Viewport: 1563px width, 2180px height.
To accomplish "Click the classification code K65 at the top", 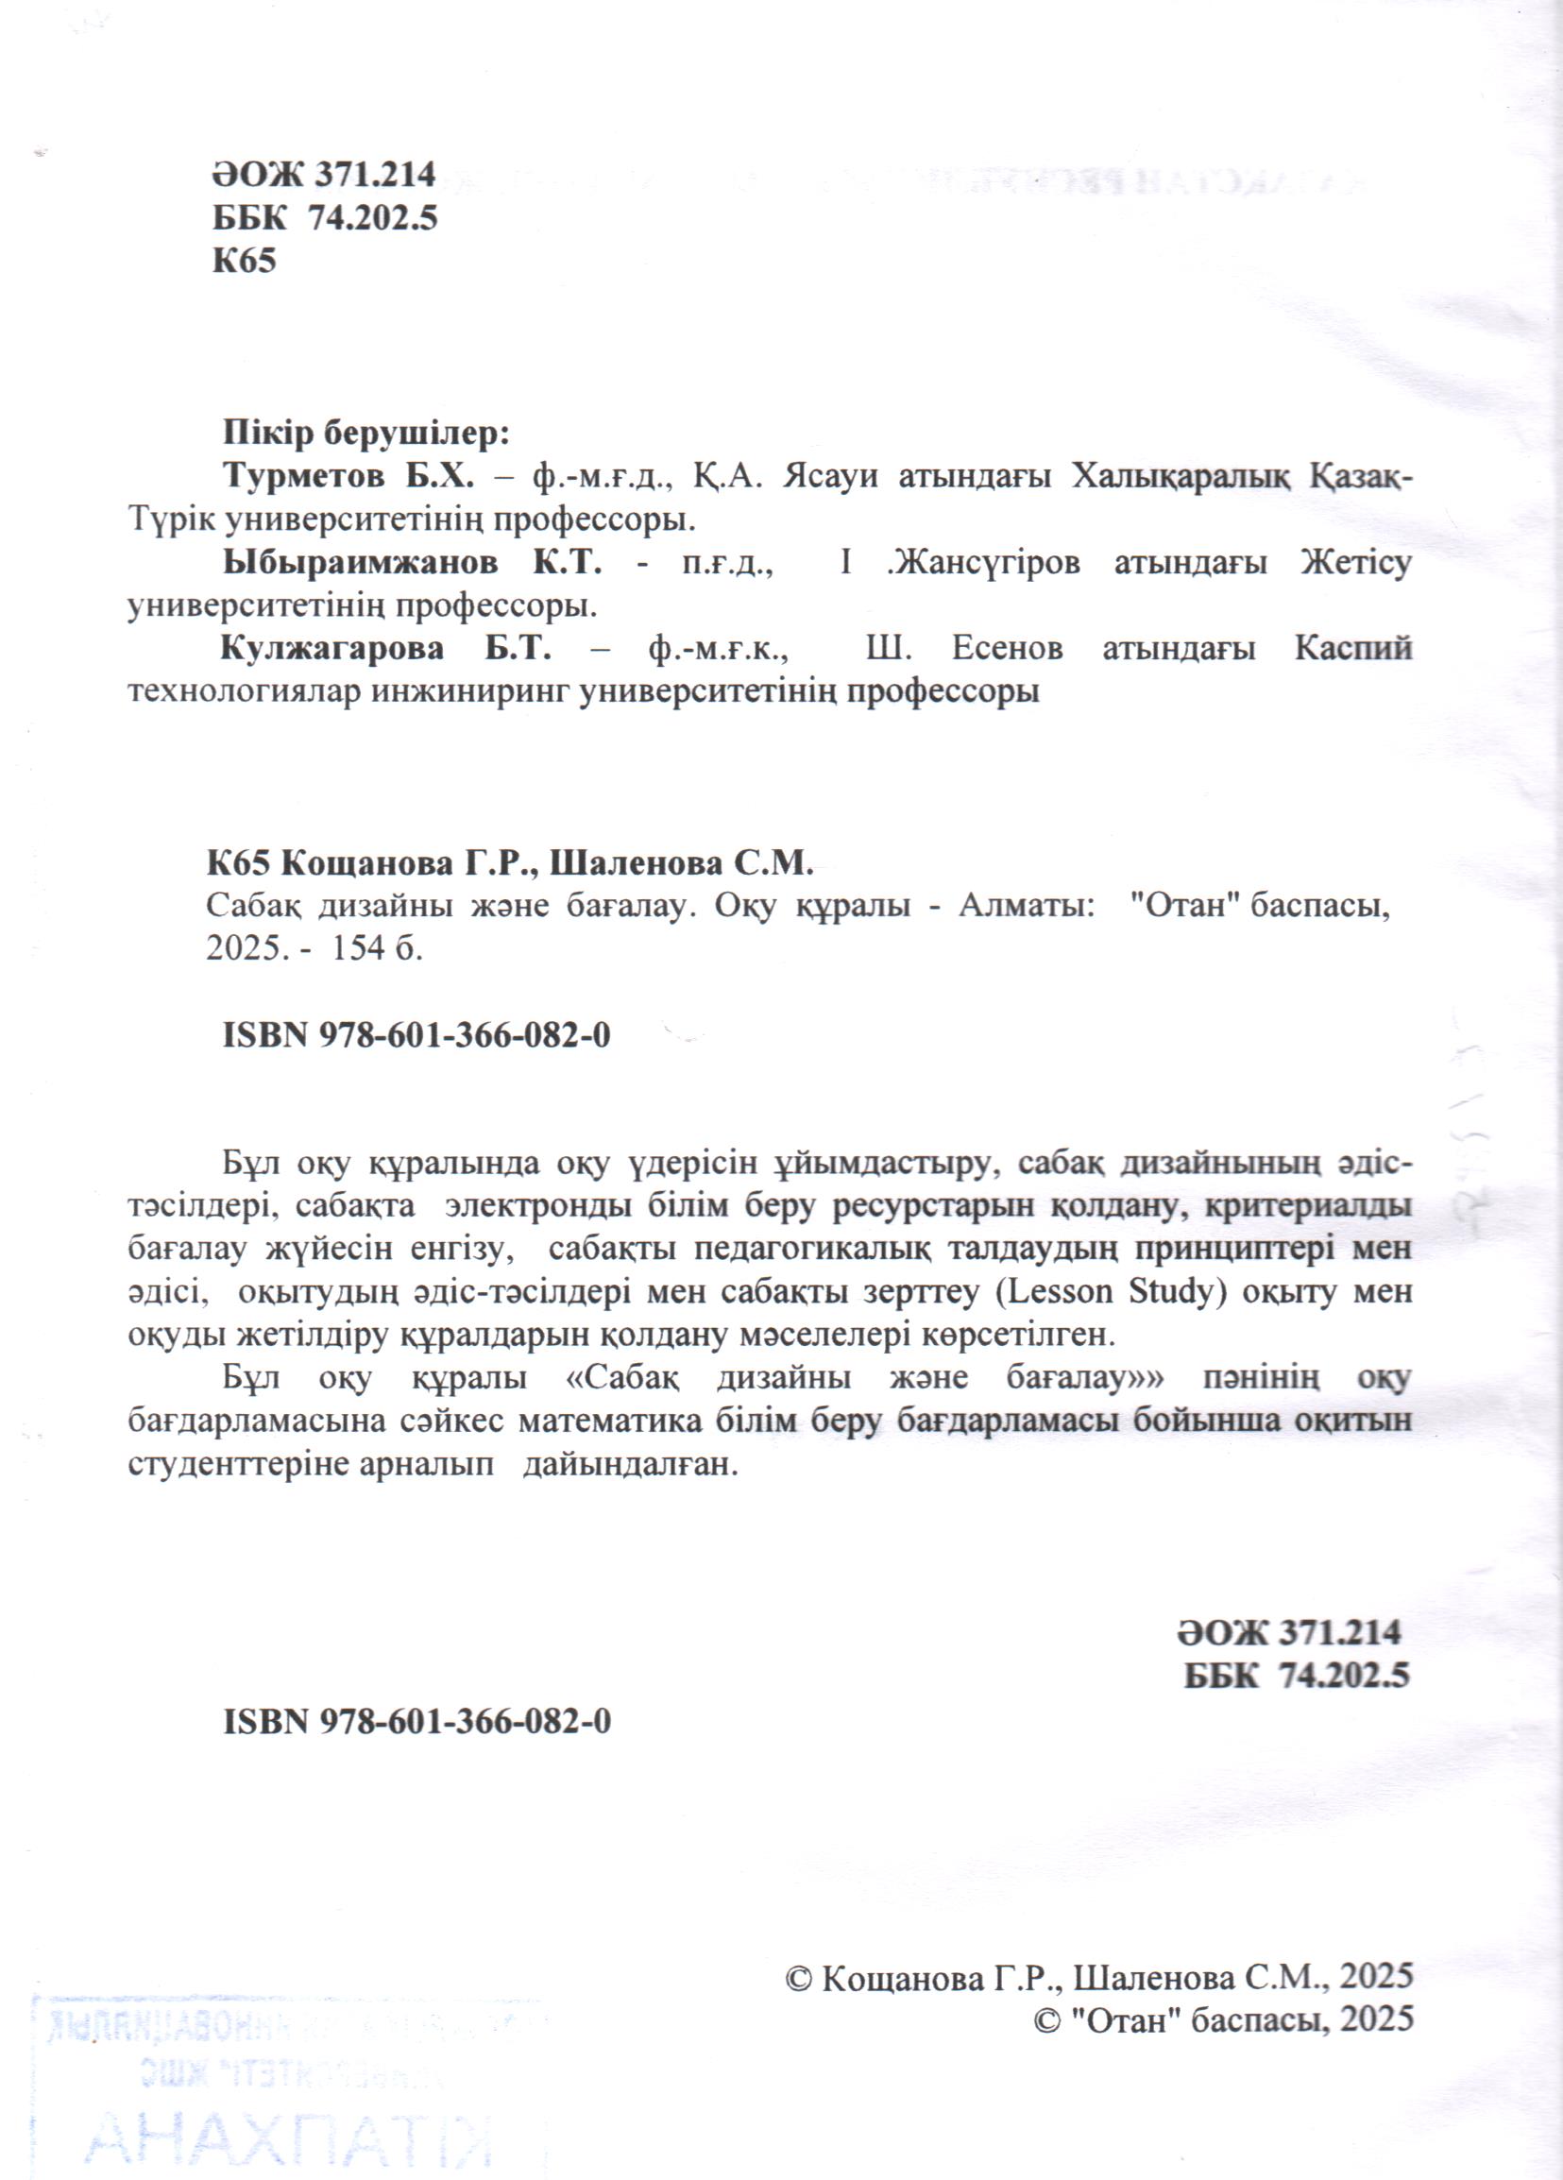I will click(245, 262).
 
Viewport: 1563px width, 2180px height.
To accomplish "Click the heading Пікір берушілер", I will click(365, 434).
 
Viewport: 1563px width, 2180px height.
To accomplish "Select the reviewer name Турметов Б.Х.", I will click(348, 477).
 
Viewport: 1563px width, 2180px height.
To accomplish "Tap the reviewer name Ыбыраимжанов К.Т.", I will click(413, 563).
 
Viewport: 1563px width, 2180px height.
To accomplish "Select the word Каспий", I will click(1352, 649).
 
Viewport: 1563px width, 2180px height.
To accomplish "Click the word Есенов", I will click(1007, 650).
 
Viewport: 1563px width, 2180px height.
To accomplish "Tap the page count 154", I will click(359, 949).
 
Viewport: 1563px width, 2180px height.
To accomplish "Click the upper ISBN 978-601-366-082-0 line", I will click(416, 1035).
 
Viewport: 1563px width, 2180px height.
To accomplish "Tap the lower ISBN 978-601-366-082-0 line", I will click(416, 1722).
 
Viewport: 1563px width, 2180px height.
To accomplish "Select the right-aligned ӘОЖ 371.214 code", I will click(1288, 1632).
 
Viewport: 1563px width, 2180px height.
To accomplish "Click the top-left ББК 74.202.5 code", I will click(325, 218).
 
